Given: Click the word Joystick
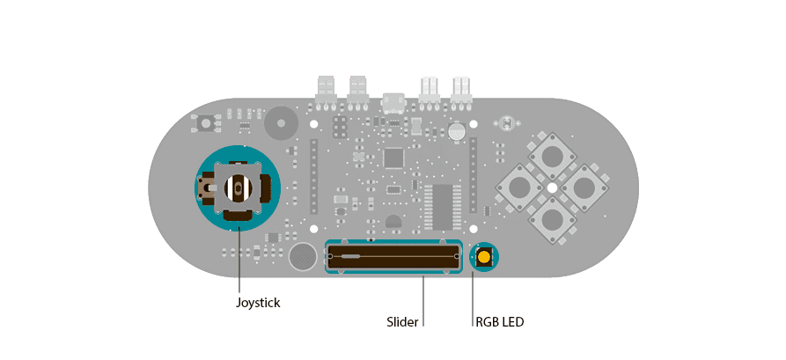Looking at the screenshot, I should (x=257, y=303).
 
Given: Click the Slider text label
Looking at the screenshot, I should (x=402, y=321).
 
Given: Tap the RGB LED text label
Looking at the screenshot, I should (x=499, y=321).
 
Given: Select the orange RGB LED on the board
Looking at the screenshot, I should (x=483, y=258).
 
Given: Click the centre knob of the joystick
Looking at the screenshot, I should (x=237, y=187).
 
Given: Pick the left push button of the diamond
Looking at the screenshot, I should (x=519, y=187).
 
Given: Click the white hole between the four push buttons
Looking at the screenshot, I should (x=551, y=187).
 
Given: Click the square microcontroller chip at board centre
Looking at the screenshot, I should (x=393, y=158).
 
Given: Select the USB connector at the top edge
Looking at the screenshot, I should (x=393, y=103).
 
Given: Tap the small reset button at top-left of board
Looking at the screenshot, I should (x=206, y=123).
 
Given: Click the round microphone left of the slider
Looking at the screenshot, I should (x=302, y=257).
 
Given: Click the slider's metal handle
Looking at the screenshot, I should (x=349, y=256).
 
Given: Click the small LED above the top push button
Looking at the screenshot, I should (x=506, y=122).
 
